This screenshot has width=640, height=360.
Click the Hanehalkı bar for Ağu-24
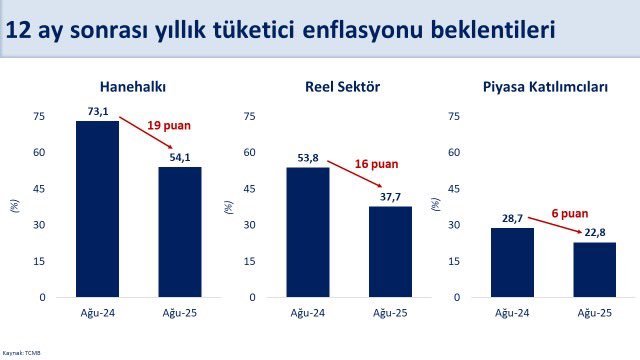click(x=97, y=209)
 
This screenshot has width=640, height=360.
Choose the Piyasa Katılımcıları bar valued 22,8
click(x=595, y=270)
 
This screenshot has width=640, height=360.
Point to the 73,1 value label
click(x=97, y=112)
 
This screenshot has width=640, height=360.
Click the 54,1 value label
click(x=180, y=158)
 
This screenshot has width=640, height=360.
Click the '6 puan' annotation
click(x=570, y=213)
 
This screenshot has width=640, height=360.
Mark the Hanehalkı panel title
click(x=138, y=86)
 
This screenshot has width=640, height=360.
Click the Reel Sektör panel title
click(x=349, y=86)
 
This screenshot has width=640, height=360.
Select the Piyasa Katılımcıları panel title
click(x=553, y=86)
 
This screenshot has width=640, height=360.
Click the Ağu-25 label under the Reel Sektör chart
click(x=390, y=314)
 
